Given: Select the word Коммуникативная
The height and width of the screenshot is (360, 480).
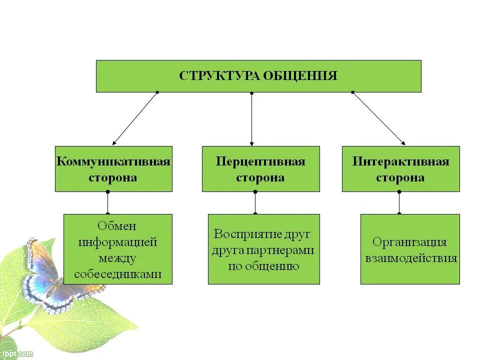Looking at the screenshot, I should click(x=113, y=162).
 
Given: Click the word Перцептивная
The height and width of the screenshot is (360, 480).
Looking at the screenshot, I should click(x=260, y=162).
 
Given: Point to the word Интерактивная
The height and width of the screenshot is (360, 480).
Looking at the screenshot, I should click(x=400, y=162).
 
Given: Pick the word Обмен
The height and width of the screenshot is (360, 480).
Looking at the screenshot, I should click(x=117, y=226).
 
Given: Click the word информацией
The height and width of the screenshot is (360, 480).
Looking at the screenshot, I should click(x=117, y=242).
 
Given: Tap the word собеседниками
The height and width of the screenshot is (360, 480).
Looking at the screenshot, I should click(x=117, y=274).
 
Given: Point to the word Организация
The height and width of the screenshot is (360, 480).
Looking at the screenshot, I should click(x=409, y=242).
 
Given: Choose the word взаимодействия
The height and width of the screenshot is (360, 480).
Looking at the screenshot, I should click(x=409, y=258).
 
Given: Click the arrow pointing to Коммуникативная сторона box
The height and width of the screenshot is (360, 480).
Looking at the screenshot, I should click(x=134, y=119).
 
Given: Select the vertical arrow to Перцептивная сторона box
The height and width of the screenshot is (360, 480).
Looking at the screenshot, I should click(x=251, y=119).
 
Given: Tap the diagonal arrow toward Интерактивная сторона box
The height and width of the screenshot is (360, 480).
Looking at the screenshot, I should click(x=379, y=119).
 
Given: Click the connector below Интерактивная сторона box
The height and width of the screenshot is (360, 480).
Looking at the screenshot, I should click(x=399, y=203).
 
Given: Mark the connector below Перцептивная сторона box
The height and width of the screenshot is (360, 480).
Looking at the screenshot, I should click(x=255, y=203).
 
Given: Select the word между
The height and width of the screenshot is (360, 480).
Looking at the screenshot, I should click(x=117, y=258).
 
